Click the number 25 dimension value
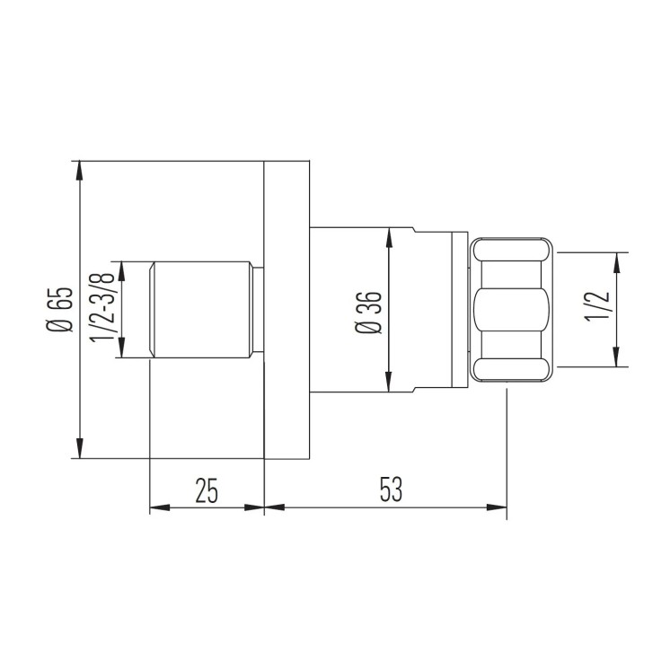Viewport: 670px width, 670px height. coord(207,489)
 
